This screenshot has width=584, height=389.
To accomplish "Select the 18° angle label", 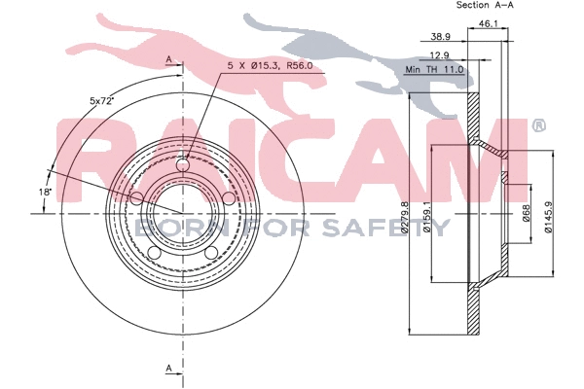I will point(45,193).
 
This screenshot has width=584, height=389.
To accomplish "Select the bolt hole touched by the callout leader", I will point(186,165).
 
